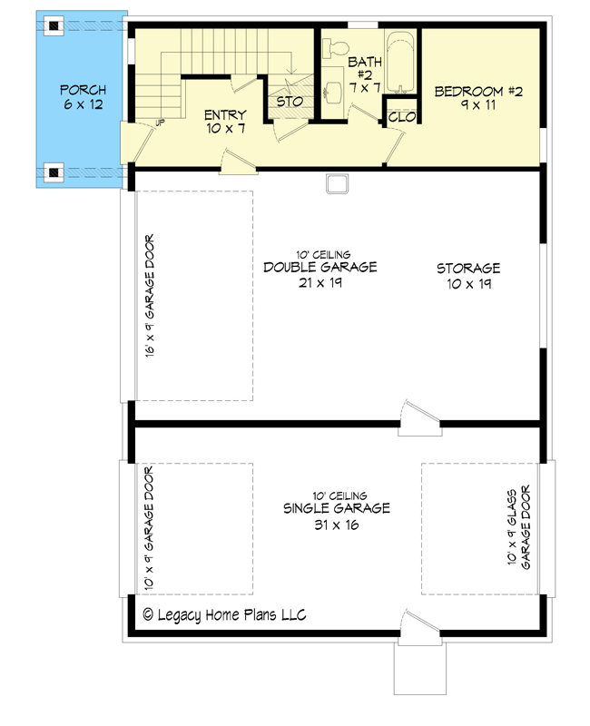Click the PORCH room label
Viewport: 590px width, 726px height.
click(x=83, y=97)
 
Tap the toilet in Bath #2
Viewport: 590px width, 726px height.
click(x=338, y=45)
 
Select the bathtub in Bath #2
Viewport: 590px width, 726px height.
click(x=399, y=63)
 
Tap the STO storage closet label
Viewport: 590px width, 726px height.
click(x=290, y=103)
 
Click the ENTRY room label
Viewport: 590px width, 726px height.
click(x=224, y=122)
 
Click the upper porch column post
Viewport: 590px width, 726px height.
click(x=54, y=26)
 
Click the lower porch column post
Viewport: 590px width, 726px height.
click(x=54, y=171)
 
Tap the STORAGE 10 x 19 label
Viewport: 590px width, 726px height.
click(x=468, y=276)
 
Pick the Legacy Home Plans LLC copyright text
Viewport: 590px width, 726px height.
click(x=224, y=615)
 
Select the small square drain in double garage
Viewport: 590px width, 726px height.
click(x=338, y=184)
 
